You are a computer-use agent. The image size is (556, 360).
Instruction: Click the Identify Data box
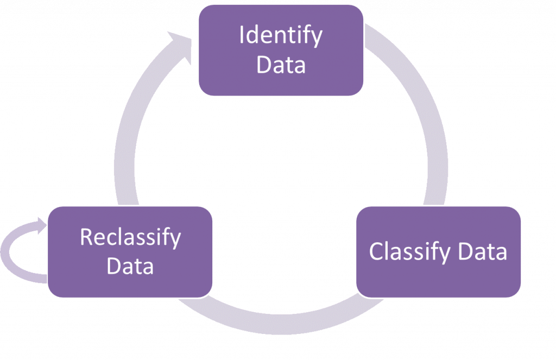(x=281, y=50)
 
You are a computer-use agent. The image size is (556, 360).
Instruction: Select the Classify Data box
(x=438, y=251)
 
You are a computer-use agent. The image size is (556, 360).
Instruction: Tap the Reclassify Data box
(x=130, y=251)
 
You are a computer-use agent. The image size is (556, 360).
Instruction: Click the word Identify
(x=281, y=36)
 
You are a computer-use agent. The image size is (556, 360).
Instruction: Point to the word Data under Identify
(x=281, y=65)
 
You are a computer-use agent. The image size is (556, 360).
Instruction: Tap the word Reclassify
(x=130, y=237)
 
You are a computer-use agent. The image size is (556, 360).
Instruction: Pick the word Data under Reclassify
(x=130, y=267)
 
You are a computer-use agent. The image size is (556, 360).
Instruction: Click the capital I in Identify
(x=242, y=36)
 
